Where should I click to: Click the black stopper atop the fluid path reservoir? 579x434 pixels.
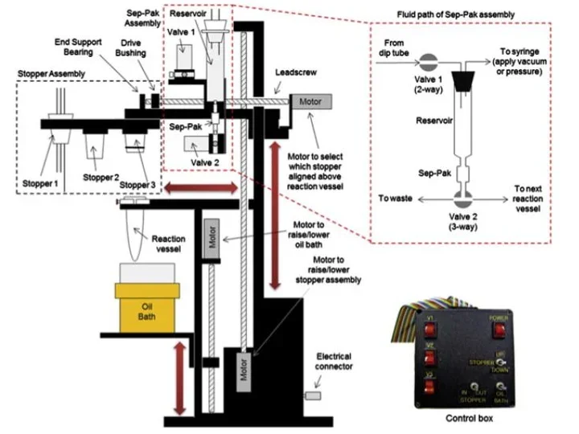pos(464,80)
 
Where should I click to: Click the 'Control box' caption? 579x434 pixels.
pos(471,419)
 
